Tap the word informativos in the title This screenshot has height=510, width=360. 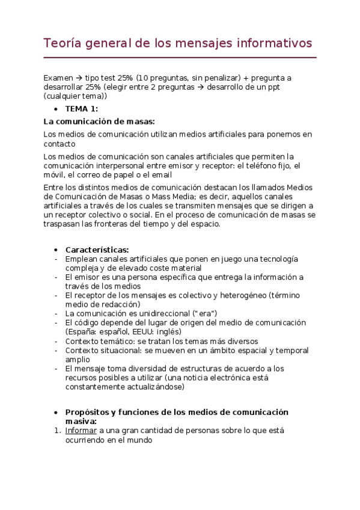tap(275, 43)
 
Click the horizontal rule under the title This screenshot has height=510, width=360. tap(180, 58)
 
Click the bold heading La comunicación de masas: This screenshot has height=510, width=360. tap(99, 121)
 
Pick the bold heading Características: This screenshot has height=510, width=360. tap(97, 250)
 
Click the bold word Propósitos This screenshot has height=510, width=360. tap(88, 412)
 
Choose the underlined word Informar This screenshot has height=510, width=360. tap(81, 431)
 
